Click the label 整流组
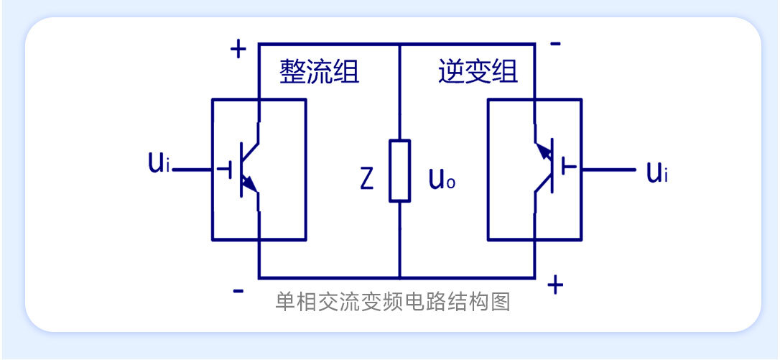coord(319,73)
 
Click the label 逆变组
coord(478,73)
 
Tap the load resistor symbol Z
coord(400,170)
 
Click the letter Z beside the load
coord(366,180)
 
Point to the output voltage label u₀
coord(442,179)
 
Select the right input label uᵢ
coord(656,172)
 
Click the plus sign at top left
coord(238,50)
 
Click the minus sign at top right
coord(555,44)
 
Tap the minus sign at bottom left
coord(238,291)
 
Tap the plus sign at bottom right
coord(554,285)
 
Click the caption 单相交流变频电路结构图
coord(392,303)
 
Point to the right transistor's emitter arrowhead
coord(544,153)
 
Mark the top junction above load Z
coord(400,44)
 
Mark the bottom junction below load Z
coord(400,277)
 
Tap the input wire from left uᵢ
coord(194,170)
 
